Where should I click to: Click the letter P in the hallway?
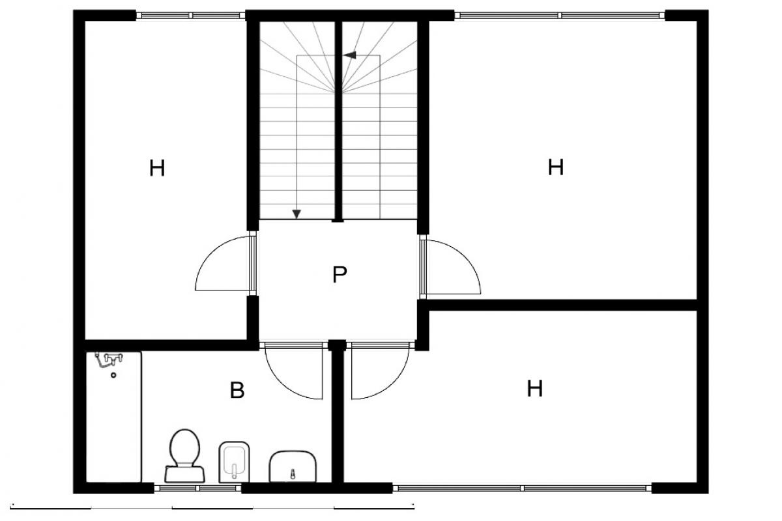click(x=340, y=274)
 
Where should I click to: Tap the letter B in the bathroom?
click(x=237, y=390)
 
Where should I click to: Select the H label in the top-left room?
click(x=157, y=168)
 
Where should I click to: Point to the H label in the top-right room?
click(x=556, y=167)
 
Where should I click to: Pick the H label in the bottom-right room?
click(x=535, y=388)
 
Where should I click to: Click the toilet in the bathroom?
click(x=184, y=456)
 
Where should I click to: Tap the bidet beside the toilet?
click(x=234, y=462)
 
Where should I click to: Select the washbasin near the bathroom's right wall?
click(x=293, y=466)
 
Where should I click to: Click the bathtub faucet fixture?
click(x=109, y=359)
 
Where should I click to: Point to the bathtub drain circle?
click(x=113, y=376)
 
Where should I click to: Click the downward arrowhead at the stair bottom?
click(x=297, y=214)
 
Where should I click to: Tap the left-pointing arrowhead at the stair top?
click(x=349, y=55)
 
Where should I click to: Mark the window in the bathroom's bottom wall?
click(x=197, y=488)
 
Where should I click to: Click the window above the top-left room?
click(x=190, y=16)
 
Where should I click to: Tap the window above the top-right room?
click(x=560, y=16)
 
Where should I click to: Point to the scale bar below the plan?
click(x=212, y=508)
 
